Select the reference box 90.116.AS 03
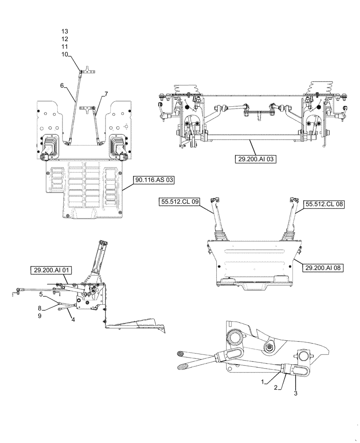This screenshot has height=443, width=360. pos(153,180)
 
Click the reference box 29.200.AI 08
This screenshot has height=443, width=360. pos(331,267)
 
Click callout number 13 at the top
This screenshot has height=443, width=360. pos(65,31)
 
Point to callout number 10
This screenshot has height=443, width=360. pos(65,54)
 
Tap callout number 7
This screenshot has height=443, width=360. pos(106,94)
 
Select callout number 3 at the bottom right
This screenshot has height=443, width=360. pos(295,392)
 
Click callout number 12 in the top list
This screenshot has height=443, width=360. pos(65,39)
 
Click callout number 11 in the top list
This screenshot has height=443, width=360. pos(65,47)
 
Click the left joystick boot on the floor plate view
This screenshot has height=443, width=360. pos(50,147)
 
